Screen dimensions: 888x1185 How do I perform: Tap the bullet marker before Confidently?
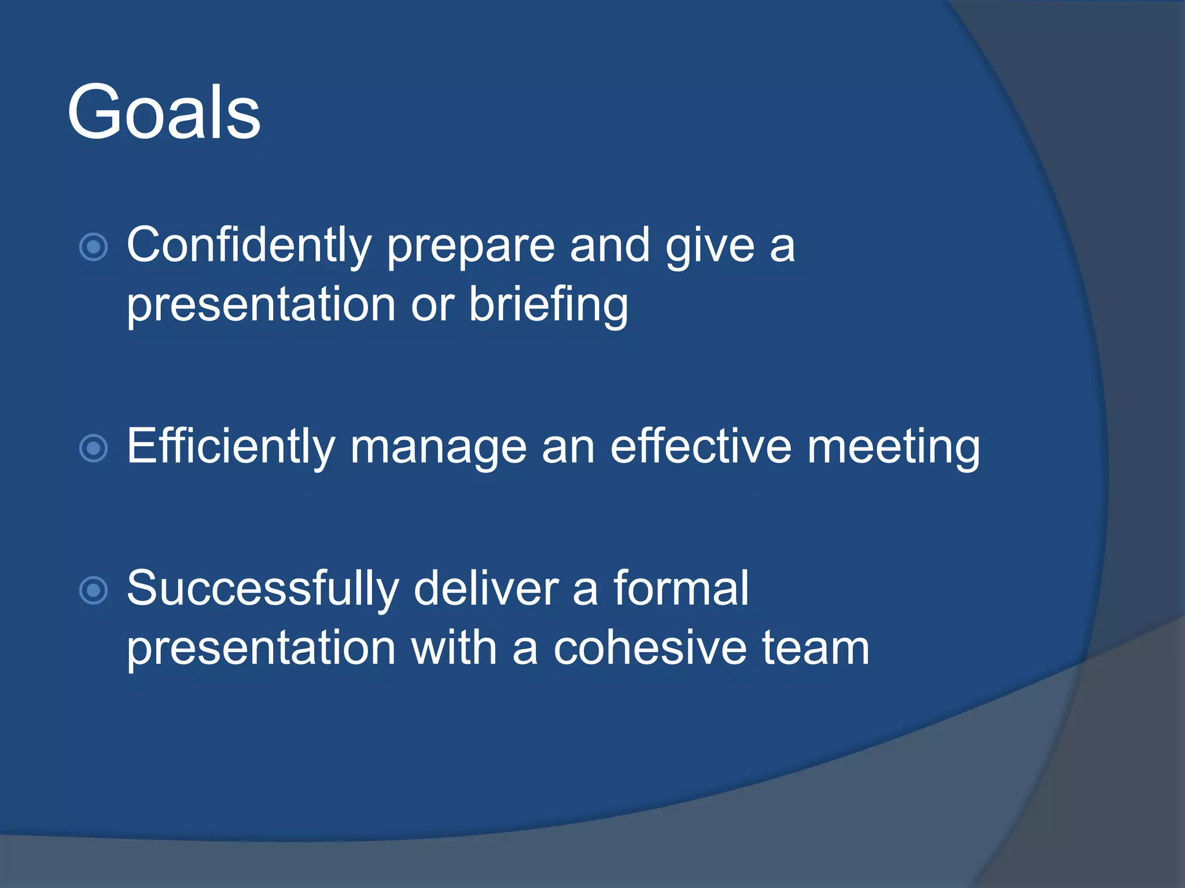(93, 247)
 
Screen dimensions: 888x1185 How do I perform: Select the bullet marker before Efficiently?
(93, 448)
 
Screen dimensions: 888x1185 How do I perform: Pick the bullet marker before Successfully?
(93, 590)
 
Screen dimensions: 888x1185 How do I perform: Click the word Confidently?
(249, 246)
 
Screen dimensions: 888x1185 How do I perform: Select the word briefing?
(548, 305)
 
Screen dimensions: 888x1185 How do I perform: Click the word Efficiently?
(230, 447)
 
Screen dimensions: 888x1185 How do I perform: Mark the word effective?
(701, 447)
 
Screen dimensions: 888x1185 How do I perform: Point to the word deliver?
(486, 589)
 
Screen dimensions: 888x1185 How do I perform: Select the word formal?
(681, 589)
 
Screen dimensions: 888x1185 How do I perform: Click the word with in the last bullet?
(454, 648)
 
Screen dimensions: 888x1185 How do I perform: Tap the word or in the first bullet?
(432, 305)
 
